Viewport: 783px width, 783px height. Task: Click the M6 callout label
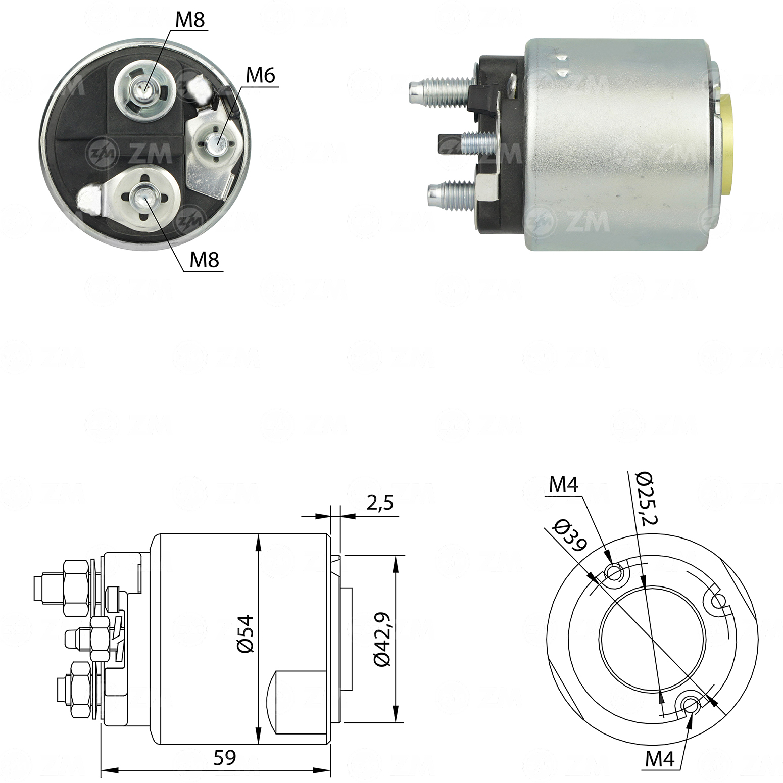(x=260, y=76)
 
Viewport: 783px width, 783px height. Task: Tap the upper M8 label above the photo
(x=190, y=20)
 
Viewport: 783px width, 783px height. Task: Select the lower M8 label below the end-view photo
(x=204, y=260)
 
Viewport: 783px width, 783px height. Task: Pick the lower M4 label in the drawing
(x=660, y=759)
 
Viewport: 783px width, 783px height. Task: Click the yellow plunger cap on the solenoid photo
(x=726, y=144)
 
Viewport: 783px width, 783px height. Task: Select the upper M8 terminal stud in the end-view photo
(x=142, y=90)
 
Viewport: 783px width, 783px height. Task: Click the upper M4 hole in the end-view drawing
(x=614, y=572)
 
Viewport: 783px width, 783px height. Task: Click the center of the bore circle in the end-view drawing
(x=652, y=638)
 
